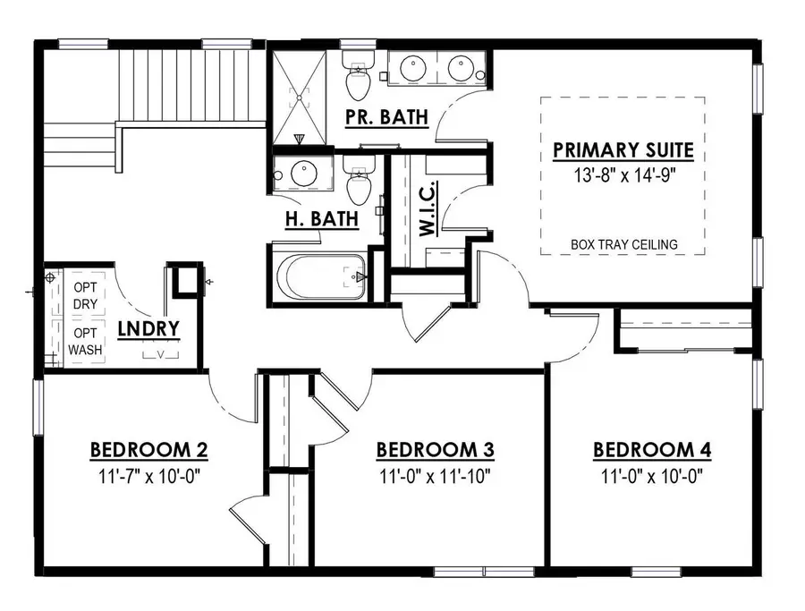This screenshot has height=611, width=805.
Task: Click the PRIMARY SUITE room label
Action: [x=623, y=149]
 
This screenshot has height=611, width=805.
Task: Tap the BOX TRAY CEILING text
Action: [x=623, y=244]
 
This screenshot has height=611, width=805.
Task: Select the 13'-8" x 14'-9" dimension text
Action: [x=623, y=174]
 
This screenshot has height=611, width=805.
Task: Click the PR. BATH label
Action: [x=386, y=116]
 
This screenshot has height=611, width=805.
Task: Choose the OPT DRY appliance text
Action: [x=86, y=294]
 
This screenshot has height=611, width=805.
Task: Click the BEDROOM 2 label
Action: [x=149, y=449]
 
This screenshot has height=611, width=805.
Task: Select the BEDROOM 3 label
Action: [x=435, y=449]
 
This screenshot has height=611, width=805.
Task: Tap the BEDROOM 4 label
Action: [x=652, y=449]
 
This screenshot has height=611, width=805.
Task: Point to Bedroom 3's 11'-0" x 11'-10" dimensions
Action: [x=435, y=476]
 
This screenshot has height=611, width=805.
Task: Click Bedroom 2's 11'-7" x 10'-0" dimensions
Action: [x=149, y=476]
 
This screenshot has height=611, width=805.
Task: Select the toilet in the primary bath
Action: [x=358, y=79]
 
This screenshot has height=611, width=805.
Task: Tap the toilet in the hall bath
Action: [x=359, y=183]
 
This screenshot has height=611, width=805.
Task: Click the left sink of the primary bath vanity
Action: [x=412, y=67]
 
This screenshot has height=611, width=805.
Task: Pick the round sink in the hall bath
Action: [x=299, y=174]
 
